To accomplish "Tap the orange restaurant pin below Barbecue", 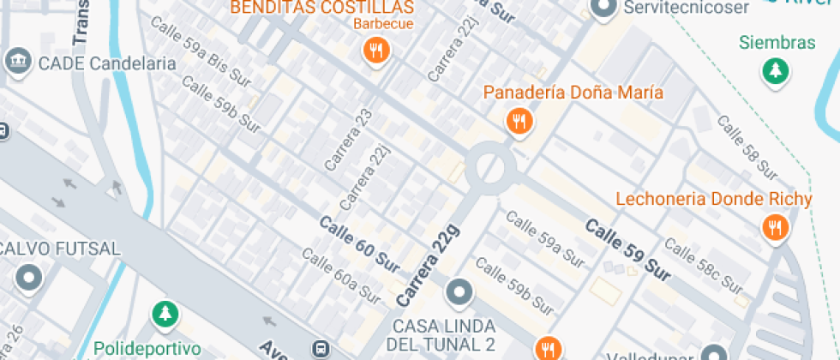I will (375, 51).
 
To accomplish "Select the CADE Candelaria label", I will (107, 63).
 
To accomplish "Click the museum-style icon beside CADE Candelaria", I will (16, 62).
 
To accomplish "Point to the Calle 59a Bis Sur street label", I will (201, 54).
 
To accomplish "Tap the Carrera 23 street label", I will (338, 139).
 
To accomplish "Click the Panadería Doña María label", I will (573, 93).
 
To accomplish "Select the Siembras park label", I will (777, 43).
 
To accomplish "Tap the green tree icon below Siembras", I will (777, 71).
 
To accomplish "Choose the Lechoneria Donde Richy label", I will (713, 200).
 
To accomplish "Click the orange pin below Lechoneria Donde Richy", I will (775, 227).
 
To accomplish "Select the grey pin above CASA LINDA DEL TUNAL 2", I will (459, 293).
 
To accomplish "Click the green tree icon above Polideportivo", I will (163, 315).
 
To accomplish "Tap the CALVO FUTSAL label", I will (60, 249).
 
